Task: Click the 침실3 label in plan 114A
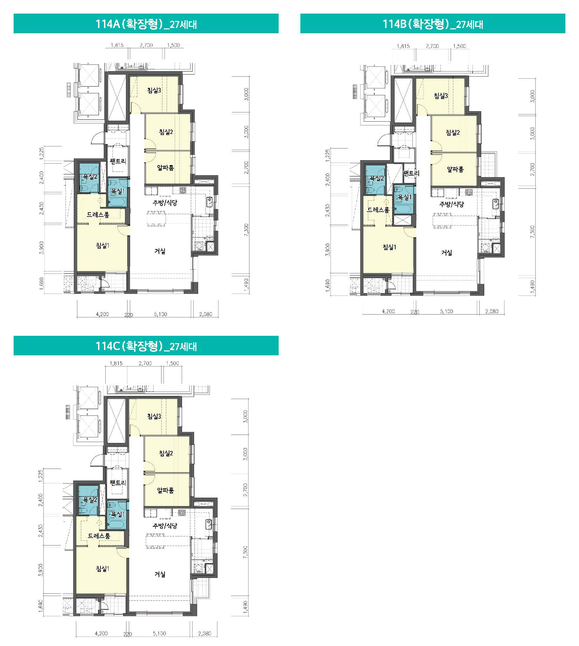(154, 90)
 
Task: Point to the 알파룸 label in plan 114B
(455, 169)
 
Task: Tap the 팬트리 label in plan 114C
(118, 483)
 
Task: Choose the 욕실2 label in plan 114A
(90, 177)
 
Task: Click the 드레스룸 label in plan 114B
(378, 210)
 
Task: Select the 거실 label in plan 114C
(160, 574)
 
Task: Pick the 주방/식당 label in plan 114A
(165, 203)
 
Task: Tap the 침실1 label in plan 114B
(390, 247)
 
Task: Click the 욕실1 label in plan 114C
(117, 514)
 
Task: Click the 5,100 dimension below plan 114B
(446, 311)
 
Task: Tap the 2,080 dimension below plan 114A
(205, 314)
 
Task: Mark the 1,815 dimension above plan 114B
(403, 46)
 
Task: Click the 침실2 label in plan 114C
(166, 453)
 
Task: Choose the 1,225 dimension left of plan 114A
(42, 153)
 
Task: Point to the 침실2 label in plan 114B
(453, 133)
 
